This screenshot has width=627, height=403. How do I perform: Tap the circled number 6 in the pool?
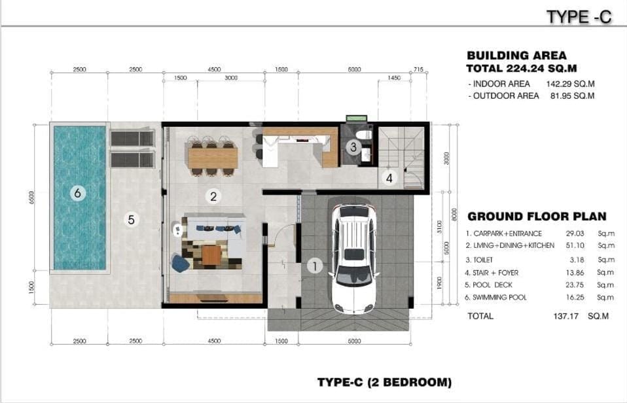coord(78,193)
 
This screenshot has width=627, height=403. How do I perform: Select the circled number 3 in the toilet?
coord(353,147)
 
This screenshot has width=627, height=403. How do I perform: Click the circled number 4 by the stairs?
coord(389,178)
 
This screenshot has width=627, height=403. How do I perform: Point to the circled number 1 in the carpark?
coord(315,266)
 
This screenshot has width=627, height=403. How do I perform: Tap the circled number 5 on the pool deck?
coord(131,220)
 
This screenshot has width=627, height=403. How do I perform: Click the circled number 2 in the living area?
coord(213,196)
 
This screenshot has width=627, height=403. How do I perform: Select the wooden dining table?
coord(212,158)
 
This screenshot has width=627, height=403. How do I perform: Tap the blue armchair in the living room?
coord(181,263)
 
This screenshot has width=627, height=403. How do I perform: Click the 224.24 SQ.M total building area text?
coord(542,68)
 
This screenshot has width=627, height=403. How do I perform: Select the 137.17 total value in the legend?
coord(566,316)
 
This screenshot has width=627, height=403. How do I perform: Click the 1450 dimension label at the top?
coord(394,78)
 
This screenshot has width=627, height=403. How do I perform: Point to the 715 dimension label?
coord(418,69)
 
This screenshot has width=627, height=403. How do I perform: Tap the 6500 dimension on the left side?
coord(31,197)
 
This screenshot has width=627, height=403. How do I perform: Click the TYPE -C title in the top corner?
coord(579,17)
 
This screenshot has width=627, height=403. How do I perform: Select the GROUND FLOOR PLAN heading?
coord(537,217)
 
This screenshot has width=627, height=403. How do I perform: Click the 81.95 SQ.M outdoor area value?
coord(572,96)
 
